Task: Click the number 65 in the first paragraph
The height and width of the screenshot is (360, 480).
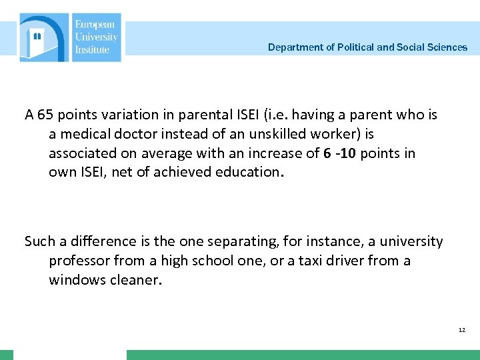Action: click(45, 115)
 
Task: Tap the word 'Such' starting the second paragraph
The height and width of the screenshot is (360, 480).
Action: click(39, 241)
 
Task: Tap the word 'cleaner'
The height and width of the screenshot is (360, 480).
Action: click(136, 280)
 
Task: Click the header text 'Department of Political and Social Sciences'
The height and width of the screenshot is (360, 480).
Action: click(367, 47)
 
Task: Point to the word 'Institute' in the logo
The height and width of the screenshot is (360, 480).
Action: click(92, 49)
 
